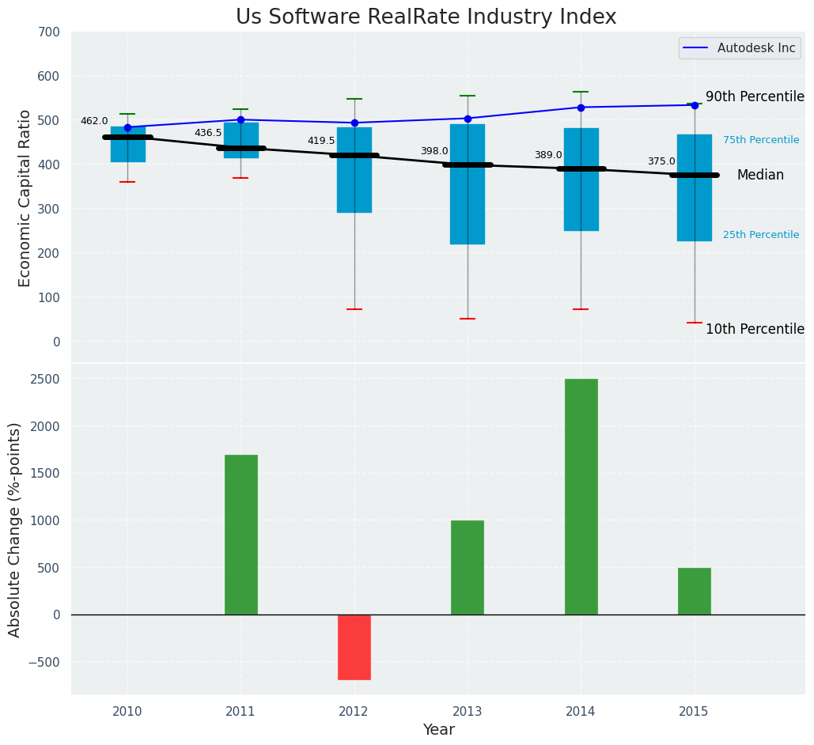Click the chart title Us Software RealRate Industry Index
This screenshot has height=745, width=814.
point(426,17)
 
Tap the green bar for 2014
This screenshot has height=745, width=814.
point(581,496)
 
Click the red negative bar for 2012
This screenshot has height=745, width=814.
point(354,647)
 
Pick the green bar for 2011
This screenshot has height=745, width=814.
point(240,534)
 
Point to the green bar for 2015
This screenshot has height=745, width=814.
point(694,591)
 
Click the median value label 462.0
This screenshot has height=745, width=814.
point(94,122)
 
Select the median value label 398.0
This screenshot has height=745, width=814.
point(434,152)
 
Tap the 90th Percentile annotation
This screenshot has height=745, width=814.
point(755,97)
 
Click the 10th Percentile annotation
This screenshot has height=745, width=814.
point(755,330)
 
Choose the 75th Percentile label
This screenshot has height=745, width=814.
point(761,141)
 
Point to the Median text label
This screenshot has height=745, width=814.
point(760,176)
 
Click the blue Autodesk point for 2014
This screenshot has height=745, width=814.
point(581,108)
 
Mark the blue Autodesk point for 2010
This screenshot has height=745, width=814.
point(127,127)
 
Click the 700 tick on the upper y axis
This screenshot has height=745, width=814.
point(48,32)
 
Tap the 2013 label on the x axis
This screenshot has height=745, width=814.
point(468,712)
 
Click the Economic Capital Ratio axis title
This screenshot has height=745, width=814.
point(25,198)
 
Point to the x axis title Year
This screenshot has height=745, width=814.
point(438,730)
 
